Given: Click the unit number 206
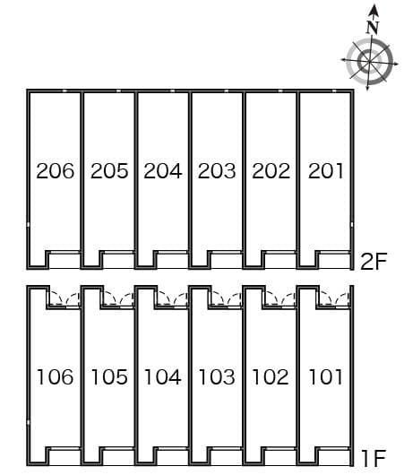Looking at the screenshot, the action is (56, 171).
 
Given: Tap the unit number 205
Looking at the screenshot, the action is (109, 171).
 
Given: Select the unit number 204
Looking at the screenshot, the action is (163, 171).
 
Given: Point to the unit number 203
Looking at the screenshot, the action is (217, 171).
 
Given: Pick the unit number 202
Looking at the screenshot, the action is (271, 171).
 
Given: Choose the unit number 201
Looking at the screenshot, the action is (326, 171).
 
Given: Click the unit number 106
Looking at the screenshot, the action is (56, 376).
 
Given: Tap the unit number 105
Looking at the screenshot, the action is (109, 376).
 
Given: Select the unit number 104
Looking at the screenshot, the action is (163, 376).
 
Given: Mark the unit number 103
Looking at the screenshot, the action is (217, 376).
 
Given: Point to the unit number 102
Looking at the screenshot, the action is (271, 376).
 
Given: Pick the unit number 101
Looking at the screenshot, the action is (326, 376).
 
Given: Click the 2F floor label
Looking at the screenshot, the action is (374, 261).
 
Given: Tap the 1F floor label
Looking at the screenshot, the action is (374, 458).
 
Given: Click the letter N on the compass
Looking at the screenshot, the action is (373, 27).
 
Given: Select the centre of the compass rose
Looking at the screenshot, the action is (369, 61).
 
